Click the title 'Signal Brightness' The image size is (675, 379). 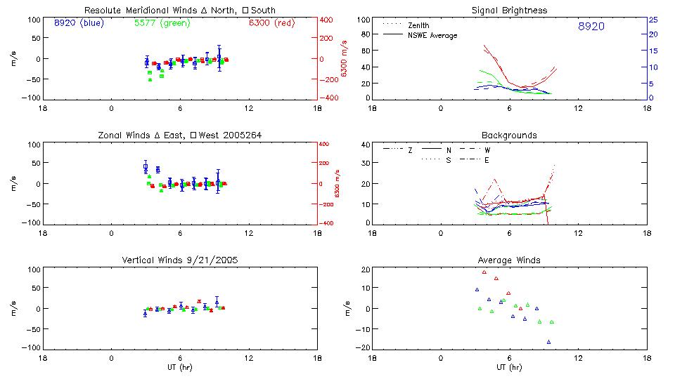point(509,11)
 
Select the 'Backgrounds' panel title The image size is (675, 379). point(509,135)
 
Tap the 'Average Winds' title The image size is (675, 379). point(509,260)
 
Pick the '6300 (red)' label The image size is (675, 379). point(271,23)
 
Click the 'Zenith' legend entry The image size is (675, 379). point(418,25)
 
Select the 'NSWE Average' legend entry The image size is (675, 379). point(432,35)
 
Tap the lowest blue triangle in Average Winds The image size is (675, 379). point(548,342)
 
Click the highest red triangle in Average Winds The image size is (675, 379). point(484,272)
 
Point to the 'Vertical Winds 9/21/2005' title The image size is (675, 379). point(180,260)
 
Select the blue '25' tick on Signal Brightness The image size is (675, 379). point(652,20)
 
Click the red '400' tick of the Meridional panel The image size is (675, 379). point(328,20)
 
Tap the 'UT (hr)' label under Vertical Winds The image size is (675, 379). point(180,367)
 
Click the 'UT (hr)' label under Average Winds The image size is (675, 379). point(509,367)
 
